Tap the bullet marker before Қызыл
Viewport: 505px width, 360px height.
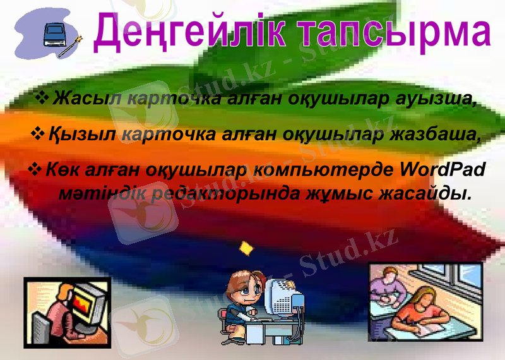pyautogui.click(x=38, y=133)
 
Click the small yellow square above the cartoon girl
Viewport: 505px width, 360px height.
pyautogui.click(x=246, y=248)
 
